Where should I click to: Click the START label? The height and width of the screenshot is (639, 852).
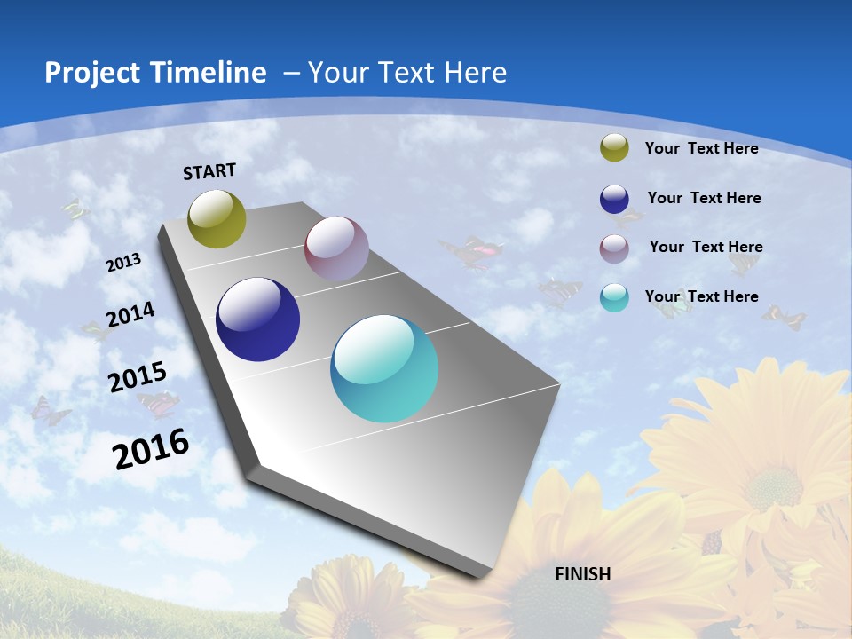click(209, 171)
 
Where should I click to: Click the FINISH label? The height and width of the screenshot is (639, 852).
click(582, 574)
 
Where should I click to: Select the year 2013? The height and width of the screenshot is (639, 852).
click(124, 263)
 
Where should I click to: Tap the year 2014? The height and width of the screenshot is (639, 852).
click(130, 314)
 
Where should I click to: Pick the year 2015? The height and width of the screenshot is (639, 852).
click(137, 377)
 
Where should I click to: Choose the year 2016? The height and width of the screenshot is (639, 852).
click(151, 449)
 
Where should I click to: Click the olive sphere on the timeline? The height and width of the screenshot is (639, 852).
click(217, 218)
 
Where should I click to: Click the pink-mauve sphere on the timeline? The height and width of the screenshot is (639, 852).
click(336, 248)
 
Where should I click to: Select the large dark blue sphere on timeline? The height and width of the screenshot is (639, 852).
click(257, 319)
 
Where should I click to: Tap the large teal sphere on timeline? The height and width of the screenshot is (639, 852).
click(384, 368)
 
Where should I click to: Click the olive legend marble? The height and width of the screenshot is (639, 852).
click(614, 148)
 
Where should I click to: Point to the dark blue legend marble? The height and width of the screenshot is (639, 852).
click(614, 199)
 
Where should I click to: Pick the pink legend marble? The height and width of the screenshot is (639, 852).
click(614, 248)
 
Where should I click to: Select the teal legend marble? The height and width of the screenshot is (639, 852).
click(614, 297)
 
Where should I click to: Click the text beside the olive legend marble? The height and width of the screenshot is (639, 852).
click(701, 148)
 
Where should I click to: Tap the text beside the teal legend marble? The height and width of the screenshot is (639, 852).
click(701, 296)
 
